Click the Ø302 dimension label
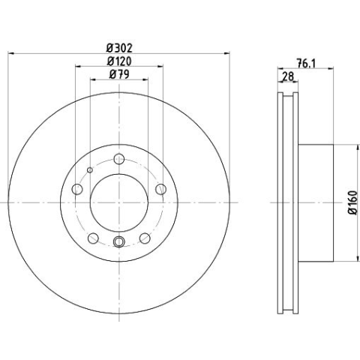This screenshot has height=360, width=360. (x=119, y=48)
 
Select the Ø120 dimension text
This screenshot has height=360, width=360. (x=119, y=61)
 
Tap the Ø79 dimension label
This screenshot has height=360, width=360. (x=119, y=74)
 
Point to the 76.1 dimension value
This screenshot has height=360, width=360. (x=306, y=63)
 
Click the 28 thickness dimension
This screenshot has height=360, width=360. (x=288, y=76)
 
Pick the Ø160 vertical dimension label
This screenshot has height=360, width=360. (x=353, y=202)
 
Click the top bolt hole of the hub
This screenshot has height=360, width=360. (x=119, y=159)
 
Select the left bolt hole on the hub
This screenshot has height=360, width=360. (x=77, y=189)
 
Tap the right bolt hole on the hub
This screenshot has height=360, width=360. (x=160, y=189)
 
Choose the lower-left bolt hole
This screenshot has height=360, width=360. (x=93, y=238)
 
